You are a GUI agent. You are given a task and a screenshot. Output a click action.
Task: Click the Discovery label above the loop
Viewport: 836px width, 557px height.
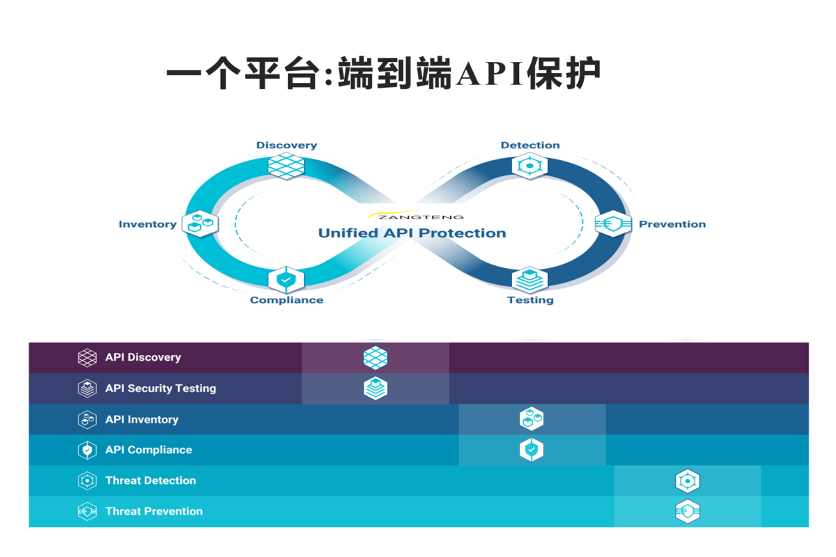click(286, 146)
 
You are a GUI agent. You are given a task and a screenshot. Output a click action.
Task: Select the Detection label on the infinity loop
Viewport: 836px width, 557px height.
click(530, 146)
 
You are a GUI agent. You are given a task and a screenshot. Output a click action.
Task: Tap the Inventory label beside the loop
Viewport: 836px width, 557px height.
click(148, 224)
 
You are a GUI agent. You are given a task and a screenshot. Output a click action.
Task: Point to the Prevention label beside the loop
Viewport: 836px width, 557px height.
click(672, 224)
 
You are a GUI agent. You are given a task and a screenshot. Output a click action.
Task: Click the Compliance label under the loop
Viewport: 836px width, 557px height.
click(286, 300)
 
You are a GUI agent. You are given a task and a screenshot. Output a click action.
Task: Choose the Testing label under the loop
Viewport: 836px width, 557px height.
click(530, 300)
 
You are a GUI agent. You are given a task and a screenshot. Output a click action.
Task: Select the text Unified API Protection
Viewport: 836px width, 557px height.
click(412, 233)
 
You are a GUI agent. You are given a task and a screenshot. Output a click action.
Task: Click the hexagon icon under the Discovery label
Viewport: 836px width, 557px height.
click(286, 166)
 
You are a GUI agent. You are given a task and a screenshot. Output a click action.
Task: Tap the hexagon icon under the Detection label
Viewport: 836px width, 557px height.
click(530, 166)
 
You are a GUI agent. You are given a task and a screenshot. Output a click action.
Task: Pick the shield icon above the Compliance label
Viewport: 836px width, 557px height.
click(286, 279)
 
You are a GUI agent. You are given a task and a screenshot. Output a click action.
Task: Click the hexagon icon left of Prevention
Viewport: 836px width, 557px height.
click(613, 224)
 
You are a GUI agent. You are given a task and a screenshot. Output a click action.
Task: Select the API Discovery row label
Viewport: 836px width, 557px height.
click(143, 357)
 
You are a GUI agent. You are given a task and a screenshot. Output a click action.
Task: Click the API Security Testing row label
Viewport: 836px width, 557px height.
click(160, 389)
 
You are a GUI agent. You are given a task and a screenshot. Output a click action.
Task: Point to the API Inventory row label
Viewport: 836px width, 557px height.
click(141, 419)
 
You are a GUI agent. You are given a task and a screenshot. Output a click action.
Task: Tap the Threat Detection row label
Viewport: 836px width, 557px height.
click(150, 480)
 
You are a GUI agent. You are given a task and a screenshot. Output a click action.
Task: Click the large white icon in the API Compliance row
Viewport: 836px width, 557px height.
click(532, 450)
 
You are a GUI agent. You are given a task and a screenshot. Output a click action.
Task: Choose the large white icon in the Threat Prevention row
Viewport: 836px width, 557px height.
click(688, 512)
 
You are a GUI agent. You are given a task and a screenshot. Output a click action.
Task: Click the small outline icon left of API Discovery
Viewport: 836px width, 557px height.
click(87, 358)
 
